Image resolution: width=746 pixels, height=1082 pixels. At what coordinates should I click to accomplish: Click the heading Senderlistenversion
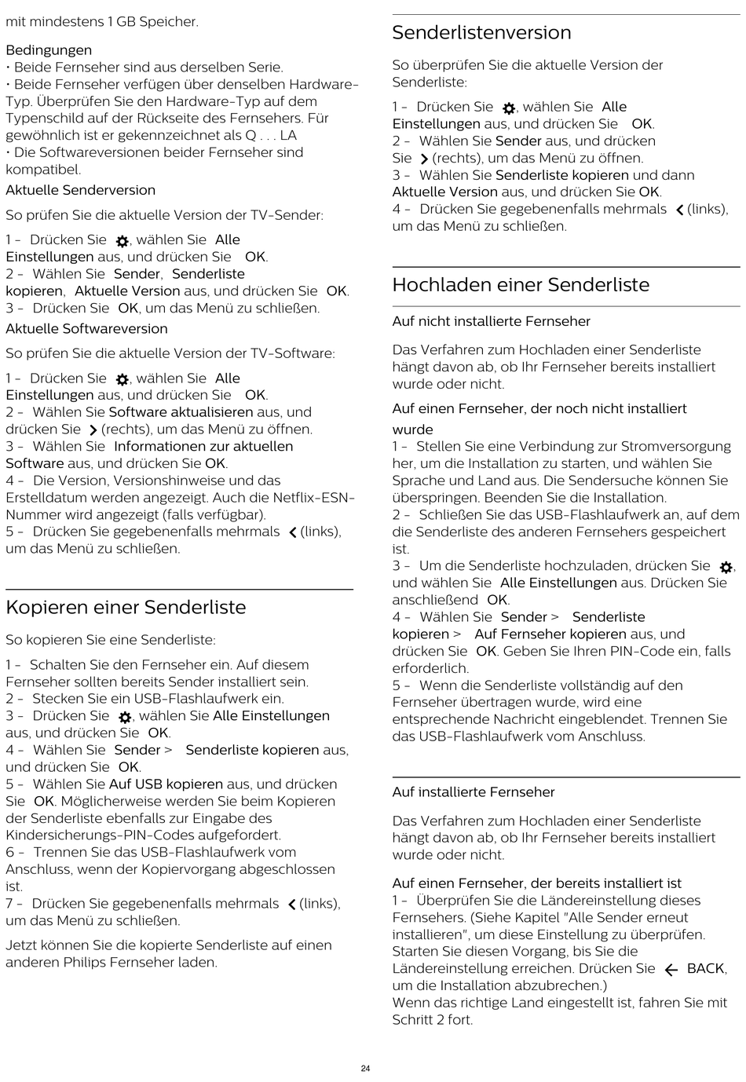[481, 33]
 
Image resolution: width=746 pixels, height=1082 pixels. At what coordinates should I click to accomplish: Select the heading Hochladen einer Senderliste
[521, 285]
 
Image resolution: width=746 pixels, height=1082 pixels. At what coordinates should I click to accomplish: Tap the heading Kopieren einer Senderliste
[126, 607]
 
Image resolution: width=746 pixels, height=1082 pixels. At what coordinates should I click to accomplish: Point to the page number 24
[365, 1068]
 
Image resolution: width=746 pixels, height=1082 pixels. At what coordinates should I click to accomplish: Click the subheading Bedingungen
[49, 50]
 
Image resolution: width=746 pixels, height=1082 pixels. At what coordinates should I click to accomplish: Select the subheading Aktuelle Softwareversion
[86, 329]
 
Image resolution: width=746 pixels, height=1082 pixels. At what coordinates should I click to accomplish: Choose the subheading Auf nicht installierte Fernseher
[491, 321]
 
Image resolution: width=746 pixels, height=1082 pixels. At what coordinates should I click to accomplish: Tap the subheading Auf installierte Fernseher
[473, 792]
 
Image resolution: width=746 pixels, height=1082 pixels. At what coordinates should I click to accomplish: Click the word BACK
[706, 968]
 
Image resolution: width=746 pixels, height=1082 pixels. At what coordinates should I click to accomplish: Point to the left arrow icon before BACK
[671, 970]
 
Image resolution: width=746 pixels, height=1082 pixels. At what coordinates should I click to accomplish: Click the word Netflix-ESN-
[313, 498]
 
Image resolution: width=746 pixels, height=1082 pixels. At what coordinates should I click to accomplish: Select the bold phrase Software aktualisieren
[181, 412]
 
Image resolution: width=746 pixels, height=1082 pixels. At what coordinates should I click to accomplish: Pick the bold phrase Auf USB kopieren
[166, 784]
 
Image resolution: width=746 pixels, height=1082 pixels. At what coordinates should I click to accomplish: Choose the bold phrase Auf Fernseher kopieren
[542, 634]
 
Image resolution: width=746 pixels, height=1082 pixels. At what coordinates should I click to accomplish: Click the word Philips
[90, 963]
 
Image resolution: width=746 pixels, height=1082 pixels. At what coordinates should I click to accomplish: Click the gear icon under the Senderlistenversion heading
[508, 108]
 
